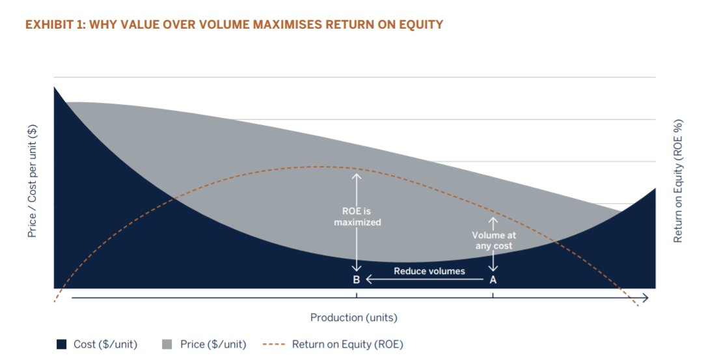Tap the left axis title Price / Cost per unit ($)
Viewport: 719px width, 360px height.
(x=32, y=181)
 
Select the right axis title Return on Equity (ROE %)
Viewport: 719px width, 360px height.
(x=678, y=181)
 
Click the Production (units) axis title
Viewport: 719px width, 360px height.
(x=353, y=318)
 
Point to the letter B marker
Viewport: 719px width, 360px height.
(x=356, y=280)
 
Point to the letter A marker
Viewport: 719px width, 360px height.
(x=493, y=280)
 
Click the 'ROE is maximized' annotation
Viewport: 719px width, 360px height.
(x=357, y=217)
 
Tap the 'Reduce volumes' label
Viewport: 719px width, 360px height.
(x=429, y=271)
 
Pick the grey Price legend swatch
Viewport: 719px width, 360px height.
(x=167, y=344)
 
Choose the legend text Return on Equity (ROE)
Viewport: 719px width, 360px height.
(x=347, y=344)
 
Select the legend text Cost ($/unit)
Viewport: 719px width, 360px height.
(x=105, y=344)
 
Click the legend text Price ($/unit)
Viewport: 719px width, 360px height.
(x=213, y=344)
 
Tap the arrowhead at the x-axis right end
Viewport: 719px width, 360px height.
(x=645, y=298)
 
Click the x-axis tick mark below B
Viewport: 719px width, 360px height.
(x=356, y=296)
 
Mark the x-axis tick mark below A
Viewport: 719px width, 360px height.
(x=493, y=296)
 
